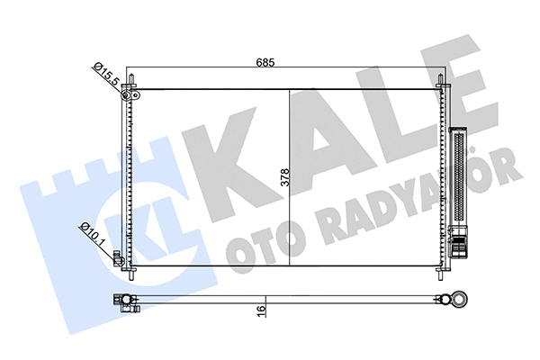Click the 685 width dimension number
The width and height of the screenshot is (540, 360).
264,62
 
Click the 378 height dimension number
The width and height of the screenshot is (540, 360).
284,177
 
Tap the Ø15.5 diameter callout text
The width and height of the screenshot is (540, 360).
107,72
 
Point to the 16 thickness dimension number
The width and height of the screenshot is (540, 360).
262,310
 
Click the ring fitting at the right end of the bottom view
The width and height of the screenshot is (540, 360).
462,299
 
